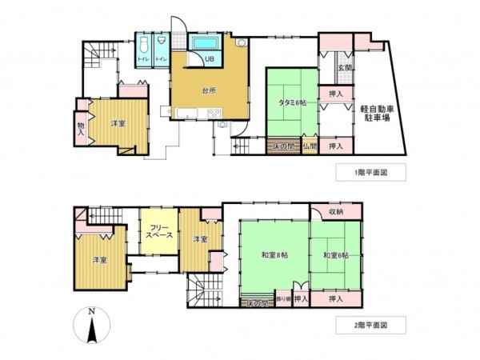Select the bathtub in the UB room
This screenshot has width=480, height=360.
(x=208, y=42)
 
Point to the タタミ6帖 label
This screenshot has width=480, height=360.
(x=292, y=102)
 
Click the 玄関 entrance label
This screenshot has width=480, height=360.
(x=341, y=68)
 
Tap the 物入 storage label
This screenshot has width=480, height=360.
(x=81, y=129)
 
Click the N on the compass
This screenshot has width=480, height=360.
(x=93, y=311)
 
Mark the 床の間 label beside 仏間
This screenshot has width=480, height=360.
(x=282, y=146)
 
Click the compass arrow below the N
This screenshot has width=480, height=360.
(x=93, y=329)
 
